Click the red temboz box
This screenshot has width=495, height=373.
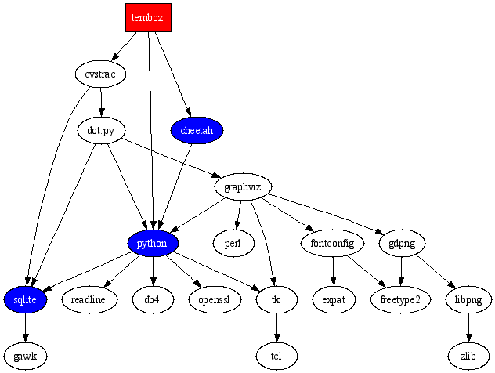pos(148,17)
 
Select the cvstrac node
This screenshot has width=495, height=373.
pos(100,74)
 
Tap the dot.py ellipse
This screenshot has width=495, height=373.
pos(102,130)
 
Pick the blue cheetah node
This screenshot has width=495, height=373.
pos(197,130)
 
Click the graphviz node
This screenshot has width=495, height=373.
pos(243,187)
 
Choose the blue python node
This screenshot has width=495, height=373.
pos(153,243)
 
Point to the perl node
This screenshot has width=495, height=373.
pos(233,243)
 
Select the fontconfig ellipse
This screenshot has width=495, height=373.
pos(333,243)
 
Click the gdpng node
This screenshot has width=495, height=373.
pos(402,243)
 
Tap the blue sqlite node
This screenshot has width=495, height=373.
pos(25,299)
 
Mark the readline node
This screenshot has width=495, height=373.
pos(89,299)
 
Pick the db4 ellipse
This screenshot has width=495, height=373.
pos(153,299)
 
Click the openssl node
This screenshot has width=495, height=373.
pos(215,299)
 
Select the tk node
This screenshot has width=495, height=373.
pos(276,299)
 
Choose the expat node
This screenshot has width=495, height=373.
pos(334,299)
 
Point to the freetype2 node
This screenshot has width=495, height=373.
pos(400,299)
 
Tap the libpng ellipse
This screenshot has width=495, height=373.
pos(468,299)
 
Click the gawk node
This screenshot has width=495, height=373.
pos(25,356)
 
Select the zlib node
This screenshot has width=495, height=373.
pos(468,356)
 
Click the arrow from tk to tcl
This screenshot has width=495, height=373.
pos(276,328)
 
